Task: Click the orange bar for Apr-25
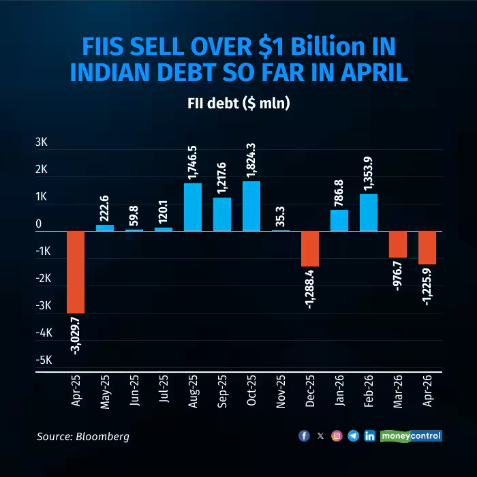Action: (x=75, y=272)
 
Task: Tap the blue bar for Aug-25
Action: (x=193, y=207)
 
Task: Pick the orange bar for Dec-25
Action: (x=310, y=249)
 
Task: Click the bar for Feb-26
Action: (x=369, y=213)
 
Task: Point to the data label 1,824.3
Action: (x=251, y=160)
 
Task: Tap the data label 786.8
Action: (x=339, y=191)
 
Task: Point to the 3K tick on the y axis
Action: (x=42, y=142)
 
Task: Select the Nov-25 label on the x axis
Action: (x=281, y=393)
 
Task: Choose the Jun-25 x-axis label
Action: (x=134, y=393)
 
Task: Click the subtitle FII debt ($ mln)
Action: (x=238, y=104)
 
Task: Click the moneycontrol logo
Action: (x=412, y=435)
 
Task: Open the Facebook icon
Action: (x=304, y=435)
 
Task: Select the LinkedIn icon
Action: (x=369, y=435)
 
